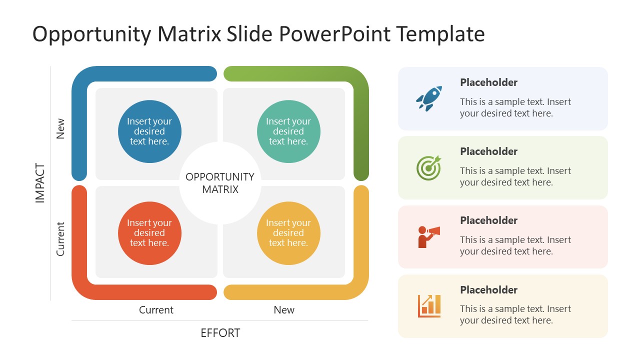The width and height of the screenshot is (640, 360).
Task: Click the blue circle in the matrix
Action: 149,131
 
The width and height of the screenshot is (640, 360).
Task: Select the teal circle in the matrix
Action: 288,131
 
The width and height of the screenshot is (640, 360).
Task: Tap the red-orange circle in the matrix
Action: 149,233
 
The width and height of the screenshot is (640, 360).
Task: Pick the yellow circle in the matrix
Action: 288,233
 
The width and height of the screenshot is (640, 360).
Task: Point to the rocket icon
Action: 429,98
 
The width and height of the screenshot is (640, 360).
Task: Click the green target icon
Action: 429,167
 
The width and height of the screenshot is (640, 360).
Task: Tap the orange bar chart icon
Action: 429,305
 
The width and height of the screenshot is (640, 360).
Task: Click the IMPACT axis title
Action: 40,183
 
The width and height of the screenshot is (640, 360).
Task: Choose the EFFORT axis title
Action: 220,333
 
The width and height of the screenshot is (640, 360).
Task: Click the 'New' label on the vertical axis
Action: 60,128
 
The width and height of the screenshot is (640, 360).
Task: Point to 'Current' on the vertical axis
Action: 60,239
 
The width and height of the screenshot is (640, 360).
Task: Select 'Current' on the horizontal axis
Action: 156,310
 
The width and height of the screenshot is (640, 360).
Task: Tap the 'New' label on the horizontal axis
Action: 284,310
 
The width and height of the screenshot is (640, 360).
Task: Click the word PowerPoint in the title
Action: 335,34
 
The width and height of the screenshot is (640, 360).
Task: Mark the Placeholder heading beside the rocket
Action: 488,82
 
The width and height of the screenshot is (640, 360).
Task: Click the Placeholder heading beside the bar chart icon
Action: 488,290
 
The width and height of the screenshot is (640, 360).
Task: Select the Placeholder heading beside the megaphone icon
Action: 488,220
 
